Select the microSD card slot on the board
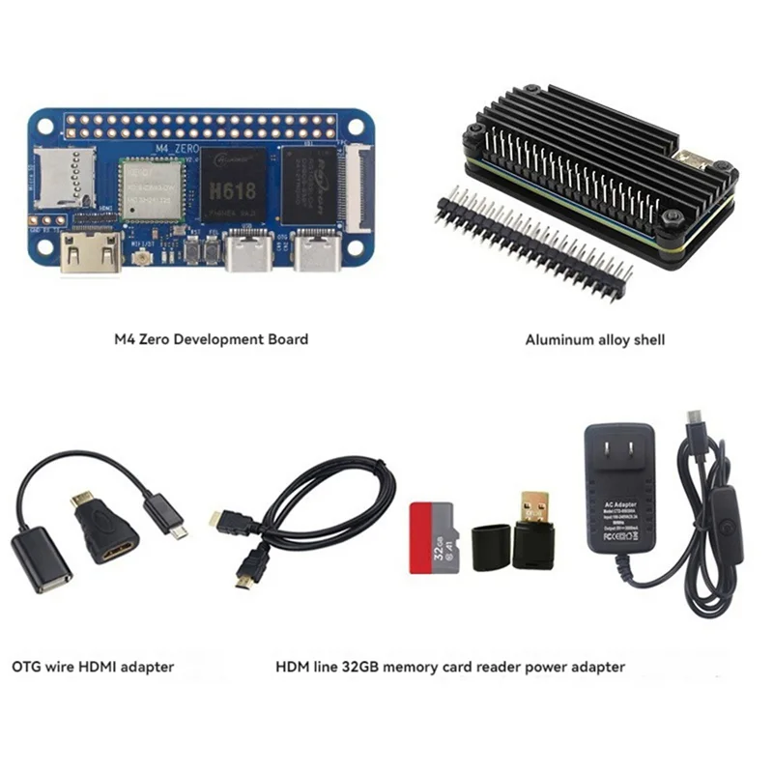pyautogui.click(x=57, y=180)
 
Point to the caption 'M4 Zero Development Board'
pyautogui.click(x=211, y=339)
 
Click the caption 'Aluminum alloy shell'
pyautogui.click(x=594, y=339)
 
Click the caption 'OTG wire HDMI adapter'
pyautogui.click(x=93, y=666)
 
